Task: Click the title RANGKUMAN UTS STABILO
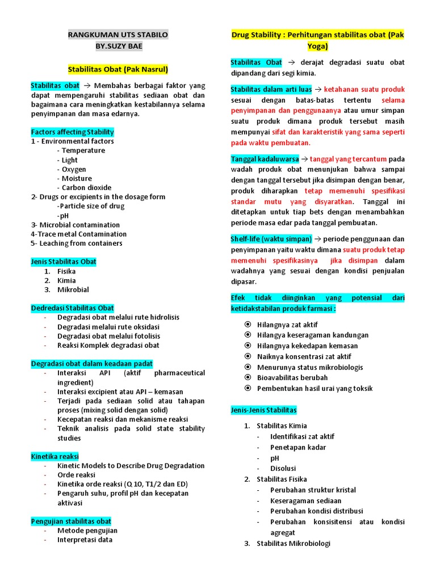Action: click(x=118, y=35)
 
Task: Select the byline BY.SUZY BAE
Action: click(x=118, y=45)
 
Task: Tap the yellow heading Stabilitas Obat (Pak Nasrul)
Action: click(x=118, y=69)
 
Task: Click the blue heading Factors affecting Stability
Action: click(x=72, y=132)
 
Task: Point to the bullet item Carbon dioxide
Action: click(x=86, y=188)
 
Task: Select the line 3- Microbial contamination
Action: click(x=76, y=225)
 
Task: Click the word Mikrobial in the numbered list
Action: click(x=73, y=290)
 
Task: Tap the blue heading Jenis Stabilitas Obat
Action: click(x=64, y=262)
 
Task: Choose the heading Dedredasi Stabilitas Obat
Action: click(x=72, y=308)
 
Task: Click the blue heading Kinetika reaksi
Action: click(x=54, y=456)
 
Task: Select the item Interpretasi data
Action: click(x=85, y=540)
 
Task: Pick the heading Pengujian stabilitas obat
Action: click(x=71, y=521)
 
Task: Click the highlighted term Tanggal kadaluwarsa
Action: click(x=265, y=159)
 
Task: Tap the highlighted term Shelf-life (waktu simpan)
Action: click(x=271, y=239)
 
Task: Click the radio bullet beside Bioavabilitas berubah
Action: click(x=248, y=377)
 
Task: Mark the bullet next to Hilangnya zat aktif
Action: click(x=248, y=325)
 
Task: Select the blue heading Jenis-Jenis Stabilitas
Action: click(x=263, y=410)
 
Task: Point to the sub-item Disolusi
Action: click(x=283, y=468)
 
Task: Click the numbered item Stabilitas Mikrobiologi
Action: click(x=293, y=544)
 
